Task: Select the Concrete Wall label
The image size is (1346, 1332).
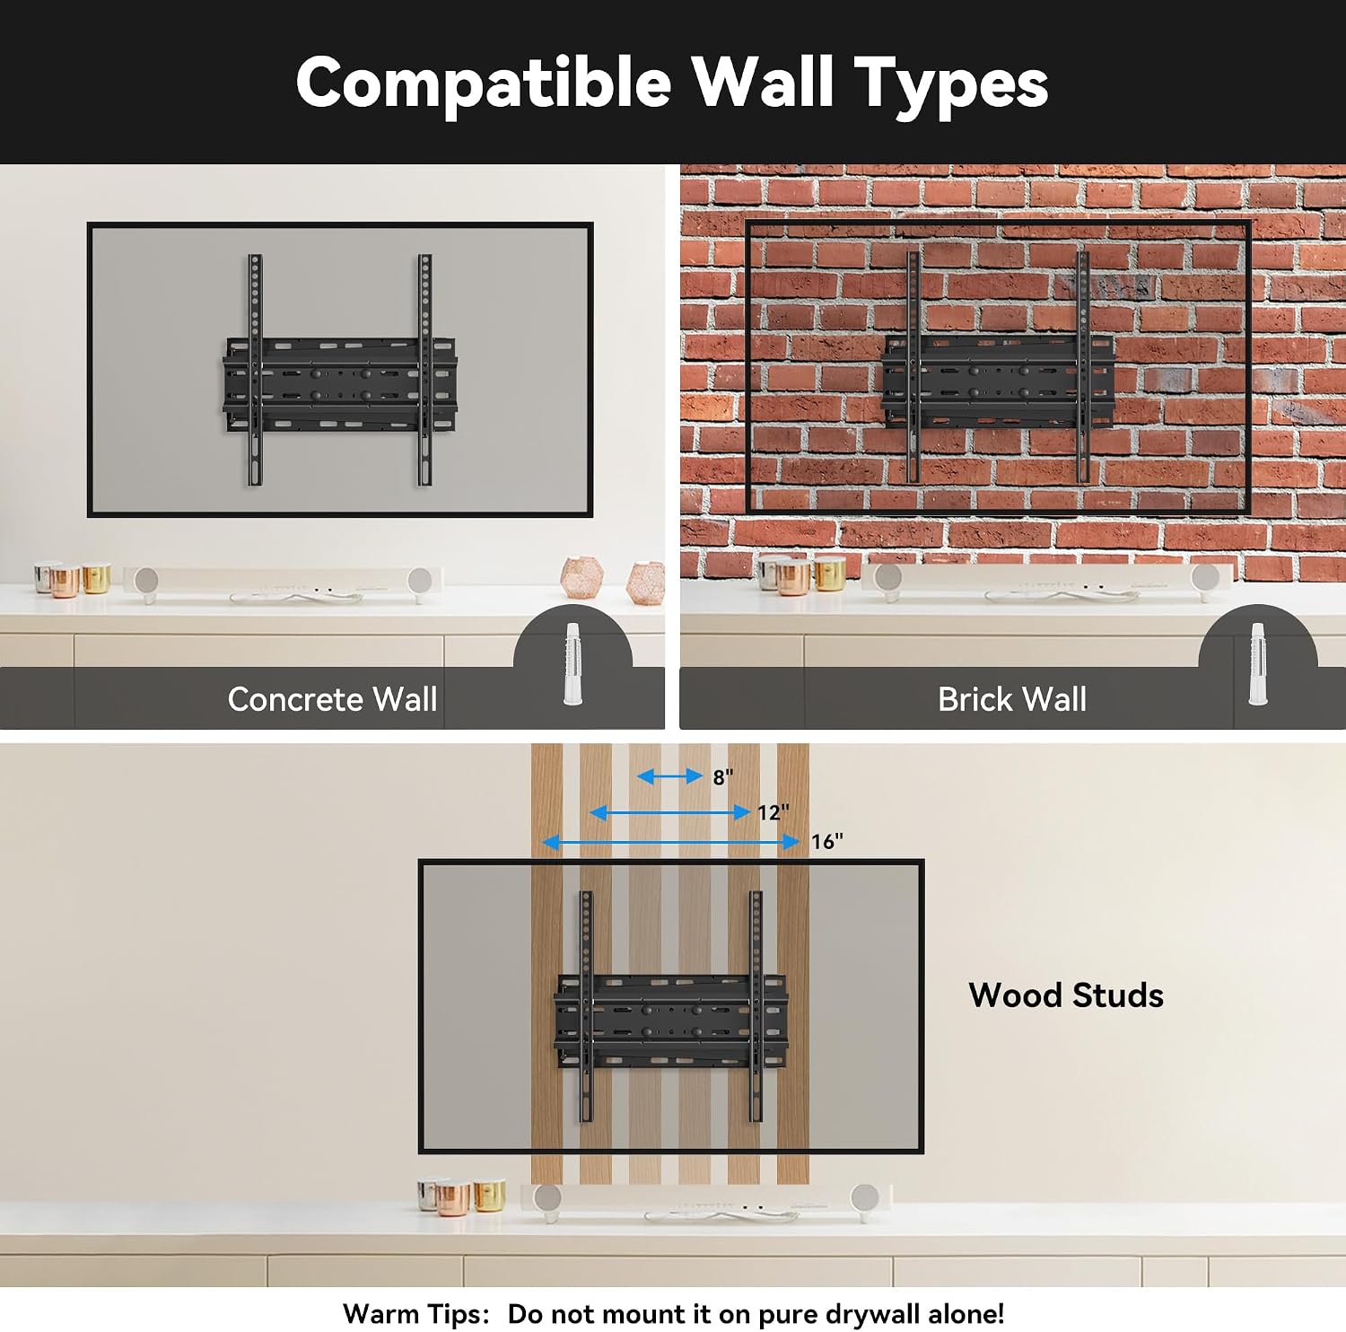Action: [x=332, y=699]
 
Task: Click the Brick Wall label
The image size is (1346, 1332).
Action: [x=1012, y=699]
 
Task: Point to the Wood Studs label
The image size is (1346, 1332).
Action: [x=1066, y=995]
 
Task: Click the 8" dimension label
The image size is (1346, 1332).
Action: [x=723, y=777]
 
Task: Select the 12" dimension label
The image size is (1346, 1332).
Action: [x=774, y=813]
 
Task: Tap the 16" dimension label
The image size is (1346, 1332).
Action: [x=827, y=842]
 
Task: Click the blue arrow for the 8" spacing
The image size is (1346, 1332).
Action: [x=669, y=776]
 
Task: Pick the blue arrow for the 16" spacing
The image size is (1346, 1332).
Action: [x=670, y=842]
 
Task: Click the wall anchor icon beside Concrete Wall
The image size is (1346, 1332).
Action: [x=572, y=663]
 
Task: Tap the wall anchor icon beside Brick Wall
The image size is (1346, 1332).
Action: [x=1258, y=663]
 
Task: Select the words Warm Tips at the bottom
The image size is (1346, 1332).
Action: [x=416, y=1315]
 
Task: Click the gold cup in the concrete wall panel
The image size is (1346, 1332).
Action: [x=97, y=578]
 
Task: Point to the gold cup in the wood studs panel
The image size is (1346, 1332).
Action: [x=489, y=1196]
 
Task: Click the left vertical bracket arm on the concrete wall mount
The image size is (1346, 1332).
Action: [x=256, y=370]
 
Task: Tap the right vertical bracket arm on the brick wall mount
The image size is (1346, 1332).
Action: [x=1083, y=366]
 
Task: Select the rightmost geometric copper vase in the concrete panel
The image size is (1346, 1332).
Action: [x=646, y=583]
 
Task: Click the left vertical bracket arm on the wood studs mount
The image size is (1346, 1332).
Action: [x=586, y=1005]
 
